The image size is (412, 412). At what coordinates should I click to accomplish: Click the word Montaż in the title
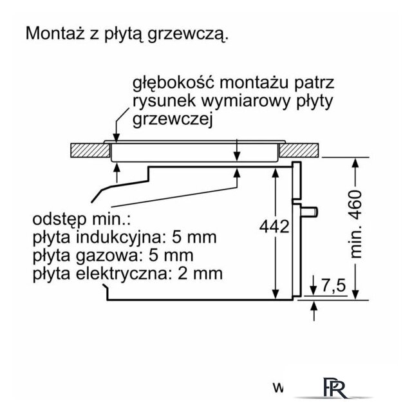(55, 33)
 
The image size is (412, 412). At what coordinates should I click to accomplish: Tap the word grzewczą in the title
(187, 35)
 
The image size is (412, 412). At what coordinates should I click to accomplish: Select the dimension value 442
(274, 227)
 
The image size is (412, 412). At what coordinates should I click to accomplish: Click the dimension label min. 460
(356, 224)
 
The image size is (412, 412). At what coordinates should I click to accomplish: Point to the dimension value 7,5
(333, 285)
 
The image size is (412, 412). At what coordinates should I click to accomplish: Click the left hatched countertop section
(90, 151)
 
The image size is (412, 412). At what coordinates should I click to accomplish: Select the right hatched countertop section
(299, 151)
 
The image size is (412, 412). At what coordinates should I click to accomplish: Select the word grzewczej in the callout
(173, 120)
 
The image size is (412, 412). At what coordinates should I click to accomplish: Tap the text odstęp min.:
(81, 220)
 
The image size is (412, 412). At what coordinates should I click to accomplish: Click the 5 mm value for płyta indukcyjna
(194, 238)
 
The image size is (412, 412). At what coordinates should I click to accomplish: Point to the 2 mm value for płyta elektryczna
(200, 274)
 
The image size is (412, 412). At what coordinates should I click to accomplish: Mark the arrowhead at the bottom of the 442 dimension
(275, 294)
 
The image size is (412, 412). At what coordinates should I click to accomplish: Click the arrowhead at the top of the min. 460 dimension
(355, 164)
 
